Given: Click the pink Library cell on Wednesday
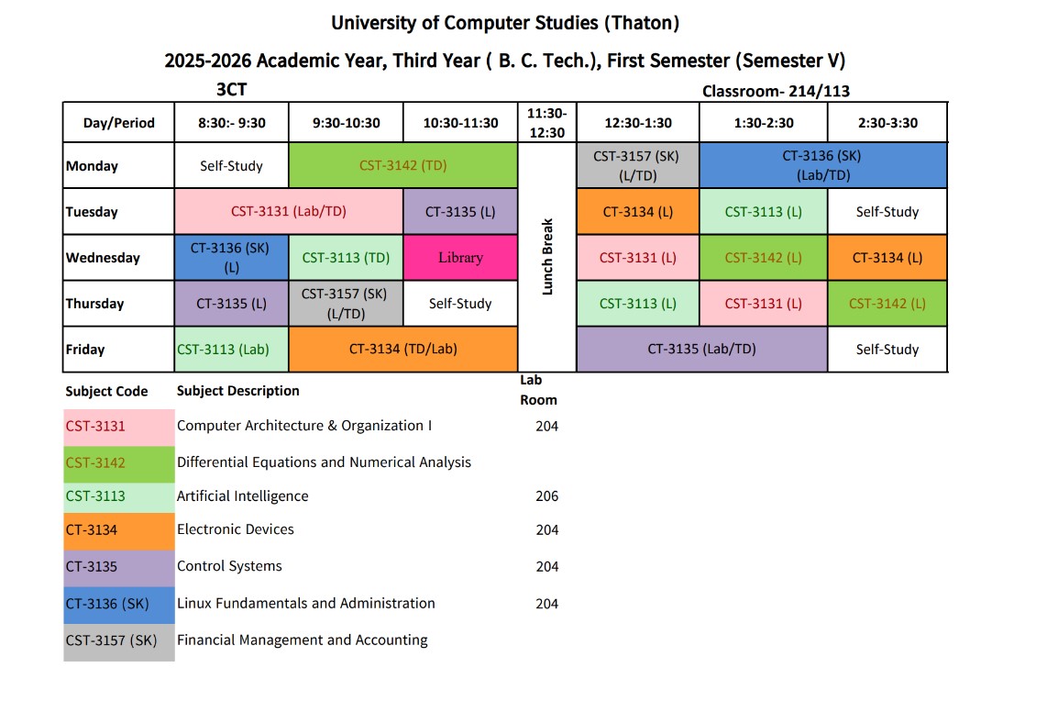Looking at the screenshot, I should tap(460, 258).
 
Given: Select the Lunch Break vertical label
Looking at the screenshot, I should tap(547, 256).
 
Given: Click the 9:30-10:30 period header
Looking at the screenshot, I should tap(346, 123).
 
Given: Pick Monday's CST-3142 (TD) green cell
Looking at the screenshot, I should tap(403, 166).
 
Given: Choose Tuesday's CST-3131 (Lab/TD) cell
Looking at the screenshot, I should tap(289, 212).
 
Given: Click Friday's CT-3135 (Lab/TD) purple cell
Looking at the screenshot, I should tap(701, 349).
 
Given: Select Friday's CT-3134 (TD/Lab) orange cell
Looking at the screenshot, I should tap(403, 349).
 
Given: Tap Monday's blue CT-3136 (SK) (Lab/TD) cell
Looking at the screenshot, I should tap(822, 166).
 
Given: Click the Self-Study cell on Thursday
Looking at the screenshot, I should tap(460, 304).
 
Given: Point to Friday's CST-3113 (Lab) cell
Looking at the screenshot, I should tap(231, 349).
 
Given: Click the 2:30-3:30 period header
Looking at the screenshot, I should tap(887, 123).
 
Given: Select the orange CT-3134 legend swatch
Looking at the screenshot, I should tap(119, 530).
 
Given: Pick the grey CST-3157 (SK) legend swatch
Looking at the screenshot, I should tap(119, 641).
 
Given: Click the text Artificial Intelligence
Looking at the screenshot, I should tap(242, 496).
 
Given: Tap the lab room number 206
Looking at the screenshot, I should tap(547, 496).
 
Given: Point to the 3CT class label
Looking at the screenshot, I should tap(231, 89).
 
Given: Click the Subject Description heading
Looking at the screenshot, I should tap(238, 391).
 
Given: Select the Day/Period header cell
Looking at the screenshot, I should tap(118, 123).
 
